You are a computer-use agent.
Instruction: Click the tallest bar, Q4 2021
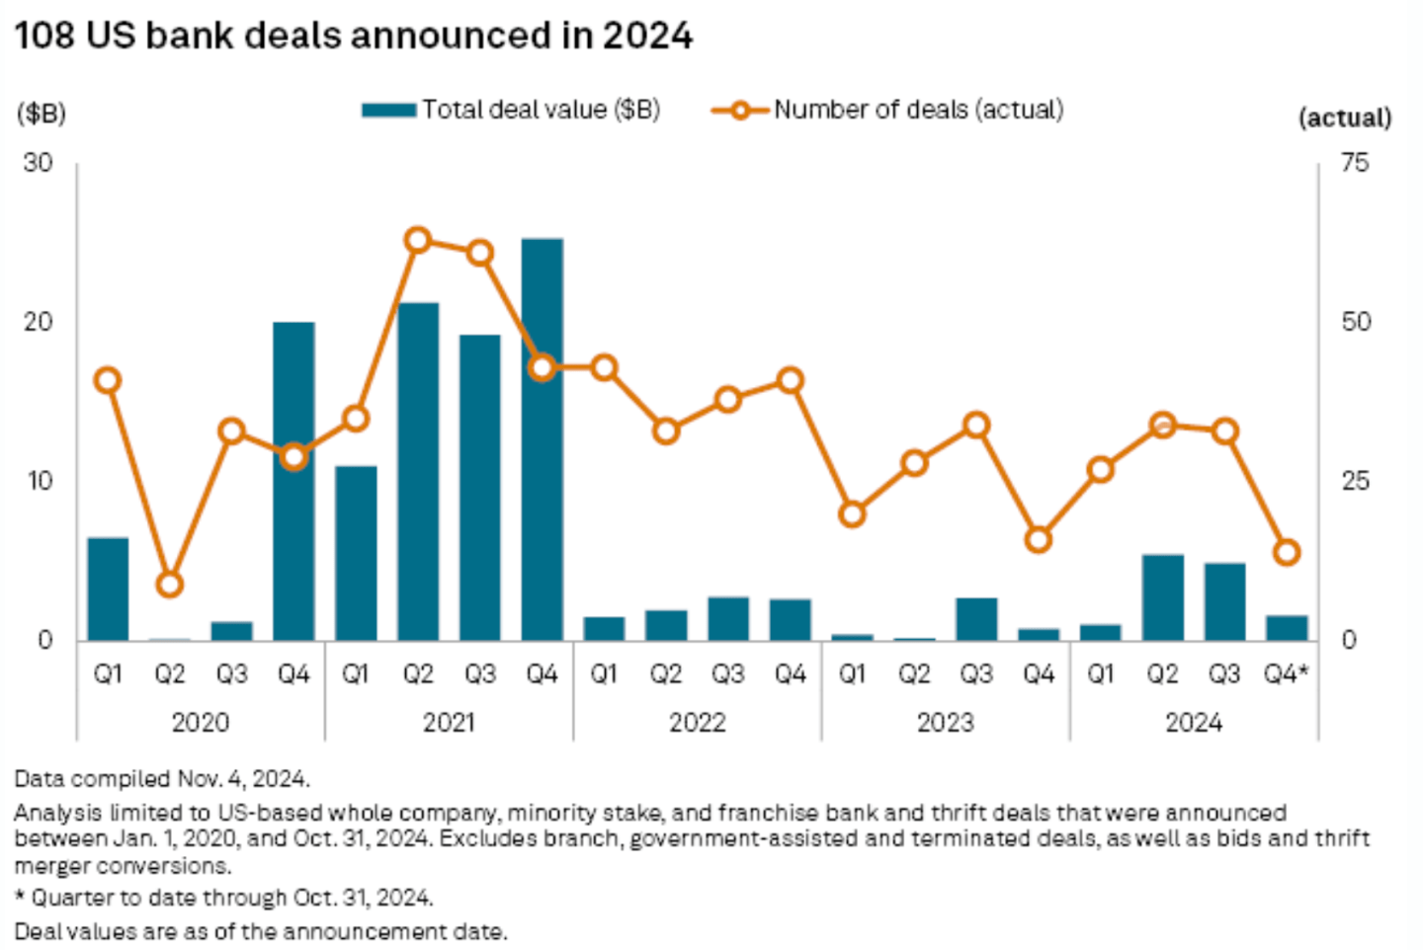(542, 439)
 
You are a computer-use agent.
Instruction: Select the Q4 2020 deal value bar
(293, 481)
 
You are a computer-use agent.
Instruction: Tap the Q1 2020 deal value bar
(108, 589)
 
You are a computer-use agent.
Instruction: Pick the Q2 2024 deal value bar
(1162, 597)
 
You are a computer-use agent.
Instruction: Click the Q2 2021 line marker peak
(418, 240)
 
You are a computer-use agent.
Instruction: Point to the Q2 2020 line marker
(170, 585)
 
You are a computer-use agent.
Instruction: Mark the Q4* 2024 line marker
(1286, 552)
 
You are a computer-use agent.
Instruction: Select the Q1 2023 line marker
(852, 515)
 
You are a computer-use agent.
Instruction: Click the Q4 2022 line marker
(790, 380)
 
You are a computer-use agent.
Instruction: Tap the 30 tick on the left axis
(38, 163)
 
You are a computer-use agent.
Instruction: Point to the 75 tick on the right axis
(1355, 163)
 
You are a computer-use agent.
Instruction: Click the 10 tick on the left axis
(39, 482)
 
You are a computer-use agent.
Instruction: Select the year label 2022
(697, 723)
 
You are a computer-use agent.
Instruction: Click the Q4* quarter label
(1286, 674)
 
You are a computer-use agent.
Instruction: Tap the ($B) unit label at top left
(41, 114)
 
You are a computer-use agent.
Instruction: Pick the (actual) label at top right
(1344, 119)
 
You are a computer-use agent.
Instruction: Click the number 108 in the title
(45, 37)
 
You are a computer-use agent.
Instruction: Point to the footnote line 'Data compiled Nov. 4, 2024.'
(162, 779)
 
